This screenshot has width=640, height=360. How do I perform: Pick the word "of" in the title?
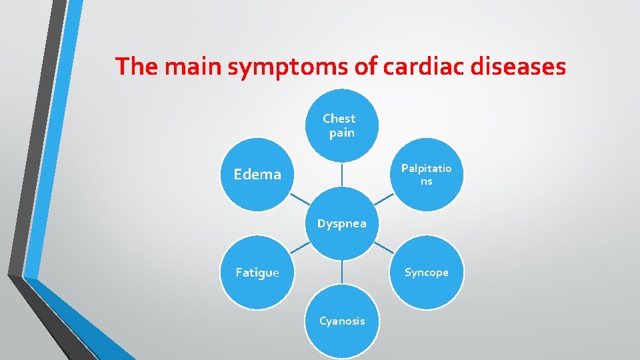[347, 67]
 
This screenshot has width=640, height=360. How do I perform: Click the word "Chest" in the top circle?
[339, 119]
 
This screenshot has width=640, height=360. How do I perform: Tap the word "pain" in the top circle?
[341, 133]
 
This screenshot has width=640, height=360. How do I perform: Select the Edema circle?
[257, 175]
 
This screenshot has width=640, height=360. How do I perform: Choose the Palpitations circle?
[426, 175]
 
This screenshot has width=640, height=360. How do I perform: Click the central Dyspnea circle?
[341, 223]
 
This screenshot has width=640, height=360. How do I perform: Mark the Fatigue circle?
[257, 272]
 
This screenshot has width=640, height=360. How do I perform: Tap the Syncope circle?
[426, 272]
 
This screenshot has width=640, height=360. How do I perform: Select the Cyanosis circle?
[342, 321]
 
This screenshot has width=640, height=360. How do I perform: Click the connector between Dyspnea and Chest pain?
[342, 175]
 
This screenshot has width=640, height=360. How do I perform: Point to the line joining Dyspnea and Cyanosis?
[342, 272]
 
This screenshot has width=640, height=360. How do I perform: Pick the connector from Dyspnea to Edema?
[299, 199]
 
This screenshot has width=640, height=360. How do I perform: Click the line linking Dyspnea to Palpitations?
[383, 199]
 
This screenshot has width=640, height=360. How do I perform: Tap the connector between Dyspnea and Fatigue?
[299, 247]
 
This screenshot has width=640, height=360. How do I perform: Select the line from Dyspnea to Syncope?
[383, 247]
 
